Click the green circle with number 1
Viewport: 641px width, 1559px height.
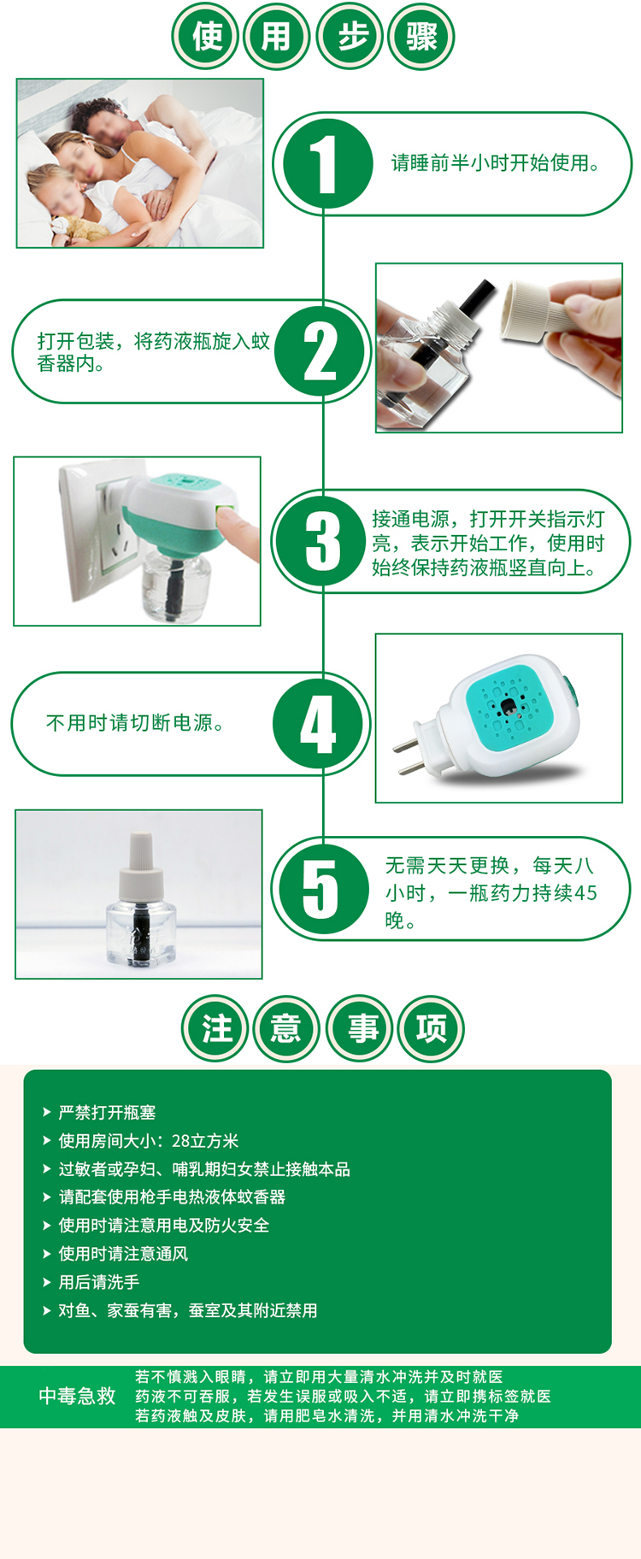coord(326,162)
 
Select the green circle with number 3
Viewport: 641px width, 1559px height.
coord(323,541)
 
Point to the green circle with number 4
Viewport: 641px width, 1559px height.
coord(319,724)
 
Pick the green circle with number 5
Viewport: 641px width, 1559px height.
coord(322,889)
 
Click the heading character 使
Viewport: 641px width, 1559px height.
coord(207,37)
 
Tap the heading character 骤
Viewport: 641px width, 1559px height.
coord(421,37)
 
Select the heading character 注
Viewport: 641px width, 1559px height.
coord(215,1027)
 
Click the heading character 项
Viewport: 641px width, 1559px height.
coord(431,1027)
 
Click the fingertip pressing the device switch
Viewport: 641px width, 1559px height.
coord(243,532)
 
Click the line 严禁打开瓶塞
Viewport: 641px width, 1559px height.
coord(107,1112)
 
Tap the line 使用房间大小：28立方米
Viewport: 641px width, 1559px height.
coord(148,1140)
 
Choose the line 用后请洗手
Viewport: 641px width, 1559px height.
coord(98,1282)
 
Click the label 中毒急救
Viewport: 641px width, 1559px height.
coord(77,1396)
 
